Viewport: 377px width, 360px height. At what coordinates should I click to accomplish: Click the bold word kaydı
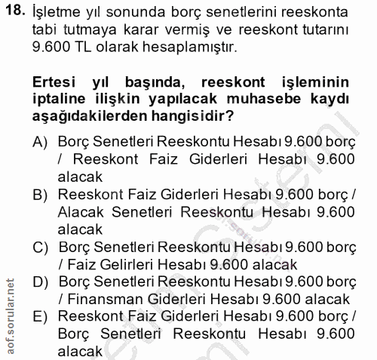pyautogui.click(x=336, y=100)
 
